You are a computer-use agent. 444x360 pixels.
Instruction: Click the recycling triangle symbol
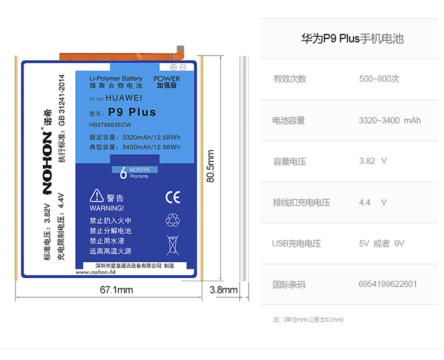click(x=172, y=220)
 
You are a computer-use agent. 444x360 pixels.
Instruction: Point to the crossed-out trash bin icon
click(x=172, y=244)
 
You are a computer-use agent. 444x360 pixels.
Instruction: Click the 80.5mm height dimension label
click(x=210, y=166)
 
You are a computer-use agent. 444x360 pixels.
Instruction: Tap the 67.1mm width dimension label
click(x=116, y=290)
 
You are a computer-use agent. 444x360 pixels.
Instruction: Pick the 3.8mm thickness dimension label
click(x=224, y=290)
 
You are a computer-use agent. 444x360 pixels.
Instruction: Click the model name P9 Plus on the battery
click(x=132, y=112)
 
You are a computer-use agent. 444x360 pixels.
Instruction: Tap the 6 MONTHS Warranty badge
click(x=136, y=172)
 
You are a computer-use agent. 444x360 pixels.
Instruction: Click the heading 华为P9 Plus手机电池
click(x=352, y=40)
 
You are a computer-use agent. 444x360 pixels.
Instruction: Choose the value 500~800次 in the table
click(x=379, y=79)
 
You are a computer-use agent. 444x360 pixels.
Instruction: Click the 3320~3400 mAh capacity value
click(x=390, y=120)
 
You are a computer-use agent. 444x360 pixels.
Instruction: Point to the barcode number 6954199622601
click(x=388, y=284)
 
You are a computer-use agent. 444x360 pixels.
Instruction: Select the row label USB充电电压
click(x=296, y=243)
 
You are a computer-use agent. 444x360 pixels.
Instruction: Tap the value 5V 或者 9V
click(x=382, y=243)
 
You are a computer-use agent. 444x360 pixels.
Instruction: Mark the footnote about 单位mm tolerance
click(x=308, y=319)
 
